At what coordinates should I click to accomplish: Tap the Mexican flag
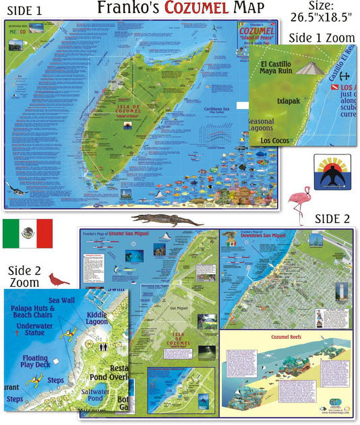[28, 233]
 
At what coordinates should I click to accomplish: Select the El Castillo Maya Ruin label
[275, 67]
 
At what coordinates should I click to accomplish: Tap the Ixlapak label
[288, 101]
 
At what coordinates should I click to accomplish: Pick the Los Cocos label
[275, 140]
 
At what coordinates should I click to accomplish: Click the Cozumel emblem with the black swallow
[332, 172]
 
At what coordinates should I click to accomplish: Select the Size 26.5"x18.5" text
[321, 12]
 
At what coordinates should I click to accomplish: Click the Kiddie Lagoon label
[97, 318]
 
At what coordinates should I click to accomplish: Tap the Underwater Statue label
[34, 329]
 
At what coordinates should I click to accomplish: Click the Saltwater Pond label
[95, 395]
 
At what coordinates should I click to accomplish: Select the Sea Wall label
[62, 300]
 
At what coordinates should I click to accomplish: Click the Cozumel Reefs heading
[286, 337]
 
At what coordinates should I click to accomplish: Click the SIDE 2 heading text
[332, 219]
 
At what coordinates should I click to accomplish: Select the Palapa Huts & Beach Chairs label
[32, 312]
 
